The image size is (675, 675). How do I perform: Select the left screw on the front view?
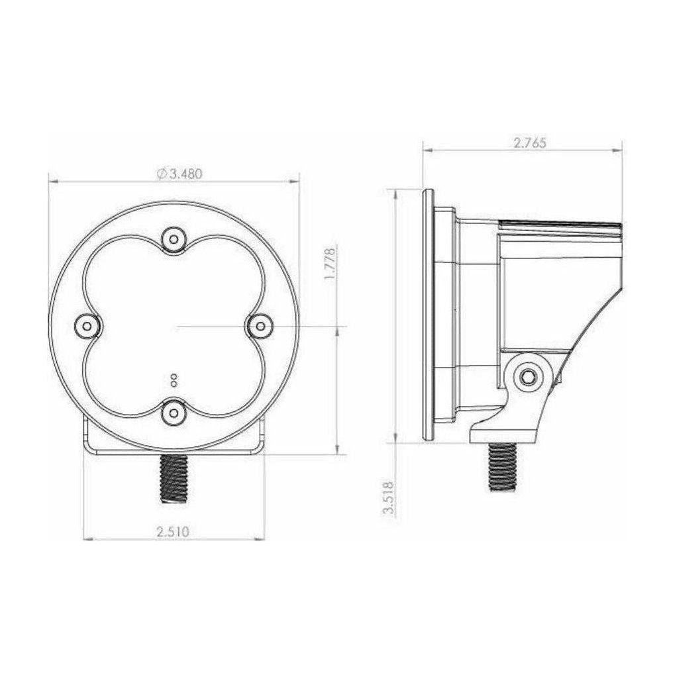coord(86,325)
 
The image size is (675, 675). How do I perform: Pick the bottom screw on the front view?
coord(174,412)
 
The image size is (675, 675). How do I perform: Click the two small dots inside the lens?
coord(174,380)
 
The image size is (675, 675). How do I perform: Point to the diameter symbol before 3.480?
coord(161,174)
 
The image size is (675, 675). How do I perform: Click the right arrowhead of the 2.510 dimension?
coord(260,539)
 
